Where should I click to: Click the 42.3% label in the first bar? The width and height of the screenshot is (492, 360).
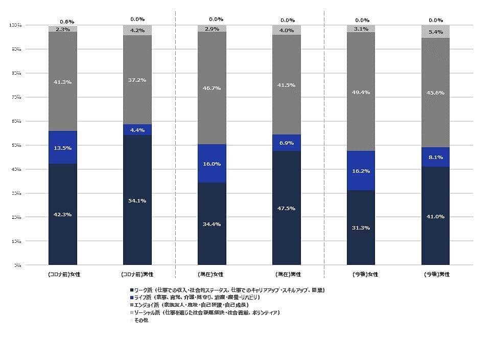[x=62, y=215]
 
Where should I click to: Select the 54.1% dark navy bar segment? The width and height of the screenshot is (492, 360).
[x=137, y=200]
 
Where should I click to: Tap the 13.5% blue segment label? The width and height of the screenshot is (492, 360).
[x=62, y=148]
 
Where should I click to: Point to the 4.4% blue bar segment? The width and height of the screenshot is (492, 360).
[x=137, y=130]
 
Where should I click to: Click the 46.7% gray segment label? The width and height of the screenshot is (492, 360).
[x=212, y=88]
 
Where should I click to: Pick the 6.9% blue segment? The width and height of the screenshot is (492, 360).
[x=286, y=143]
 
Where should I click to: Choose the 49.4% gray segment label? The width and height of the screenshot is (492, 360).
[x=361, y=92]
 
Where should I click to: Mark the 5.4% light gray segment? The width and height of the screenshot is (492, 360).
[x=435, y=32]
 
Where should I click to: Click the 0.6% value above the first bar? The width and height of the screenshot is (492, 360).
[x=67, y=21]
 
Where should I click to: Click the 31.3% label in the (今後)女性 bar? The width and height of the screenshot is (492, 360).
[x=361, y=228]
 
